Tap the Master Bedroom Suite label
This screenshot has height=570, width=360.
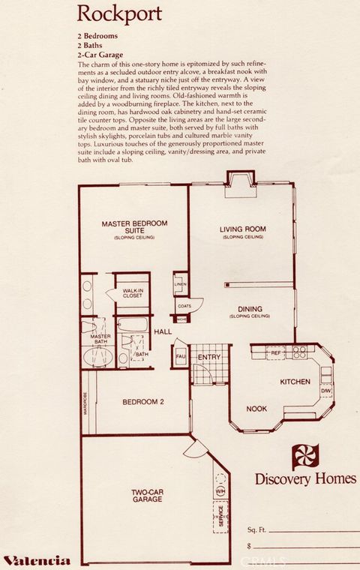coord(134,228)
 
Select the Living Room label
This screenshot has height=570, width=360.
coord(243,231)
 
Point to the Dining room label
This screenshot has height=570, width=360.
coord(250,310)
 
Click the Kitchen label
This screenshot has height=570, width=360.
coord(295,382)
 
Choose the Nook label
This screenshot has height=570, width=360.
coord(257,409)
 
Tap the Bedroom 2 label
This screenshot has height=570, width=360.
coord(143,401)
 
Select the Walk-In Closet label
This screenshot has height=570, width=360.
coord(133,292)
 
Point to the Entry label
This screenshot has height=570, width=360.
coord(208,357)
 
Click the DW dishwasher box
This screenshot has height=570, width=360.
coord(326,391)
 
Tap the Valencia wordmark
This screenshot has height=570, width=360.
coord(37,559)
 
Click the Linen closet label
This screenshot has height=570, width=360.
coord(180,284)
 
